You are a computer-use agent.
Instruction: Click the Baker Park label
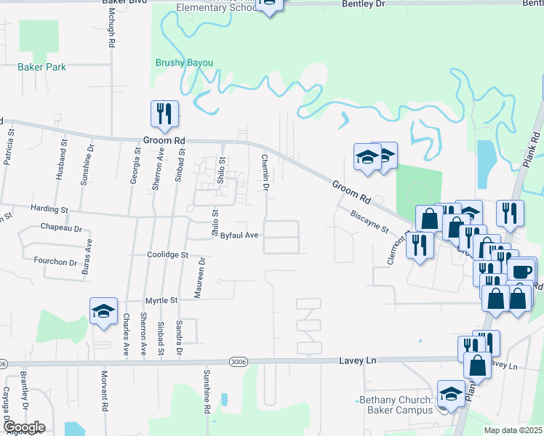coord(41,68)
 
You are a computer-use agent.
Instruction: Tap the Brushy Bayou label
coord(184,63)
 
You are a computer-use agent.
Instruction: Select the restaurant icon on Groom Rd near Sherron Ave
coord(163,113)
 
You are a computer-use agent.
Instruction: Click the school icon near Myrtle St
coord(103,311)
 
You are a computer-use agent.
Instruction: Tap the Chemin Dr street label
coord(265,173)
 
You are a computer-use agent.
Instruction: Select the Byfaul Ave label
coord(239,235)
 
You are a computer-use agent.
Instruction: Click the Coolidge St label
coord(167,256)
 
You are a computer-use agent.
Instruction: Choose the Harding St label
coord(49,209)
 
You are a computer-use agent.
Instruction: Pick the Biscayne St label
coord(369,222)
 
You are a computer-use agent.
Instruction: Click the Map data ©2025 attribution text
coord(512,430)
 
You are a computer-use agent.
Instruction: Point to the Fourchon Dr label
coord(55,260)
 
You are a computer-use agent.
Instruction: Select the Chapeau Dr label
coord(62,228)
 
